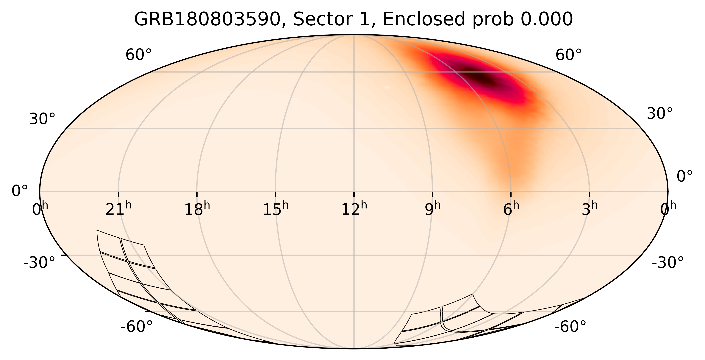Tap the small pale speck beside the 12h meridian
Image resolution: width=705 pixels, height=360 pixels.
pyautogui.click(x=387, y=87)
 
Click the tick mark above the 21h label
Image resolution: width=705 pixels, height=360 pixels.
pyautogui.click(x=118, y=194)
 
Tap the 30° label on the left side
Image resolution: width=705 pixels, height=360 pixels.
pyautogui.click(x=42, y=119)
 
